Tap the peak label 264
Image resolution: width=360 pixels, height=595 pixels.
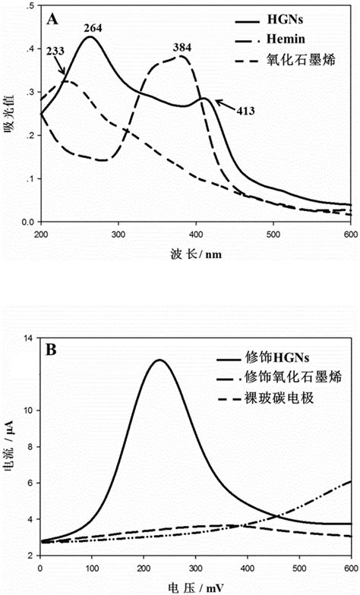[x=93, y=30]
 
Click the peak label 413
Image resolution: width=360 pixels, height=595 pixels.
[x=243, y=111]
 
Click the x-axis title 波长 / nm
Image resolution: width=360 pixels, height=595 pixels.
[x=194, y=251]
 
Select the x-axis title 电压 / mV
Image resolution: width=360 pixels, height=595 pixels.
[x=193, y=586]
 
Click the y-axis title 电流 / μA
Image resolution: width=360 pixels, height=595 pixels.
[x=11, y=451]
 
